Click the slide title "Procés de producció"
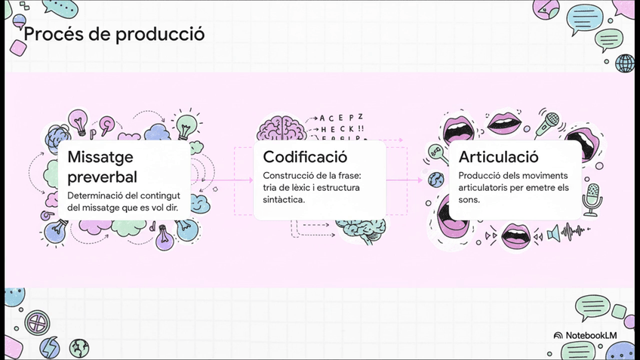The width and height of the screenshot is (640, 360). pyautogui.click(x=114, y=35)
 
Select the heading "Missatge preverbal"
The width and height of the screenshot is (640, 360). pyautogui.click(x=102, y=167)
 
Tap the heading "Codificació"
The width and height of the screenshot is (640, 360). pyautogui.click(x=305, y=157)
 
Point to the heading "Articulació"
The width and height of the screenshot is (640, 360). pyautogui.click(x=498, y=157)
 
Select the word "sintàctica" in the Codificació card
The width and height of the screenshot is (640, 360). pyautogui.click(x=284, y=200)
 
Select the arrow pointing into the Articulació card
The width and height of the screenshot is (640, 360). pyautogui.click(x=414, y=180)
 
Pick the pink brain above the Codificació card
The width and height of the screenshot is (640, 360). pyautogui.click(x=281, y=128)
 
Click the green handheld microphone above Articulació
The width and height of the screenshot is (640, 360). pyautogui.click(x=548, y=123)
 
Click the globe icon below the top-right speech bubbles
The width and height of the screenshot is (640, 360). pyautogui.click(x=624, y=63)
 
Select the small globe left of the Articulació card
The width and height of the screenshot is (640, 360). pyautogui.click(x=435, y=180)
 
